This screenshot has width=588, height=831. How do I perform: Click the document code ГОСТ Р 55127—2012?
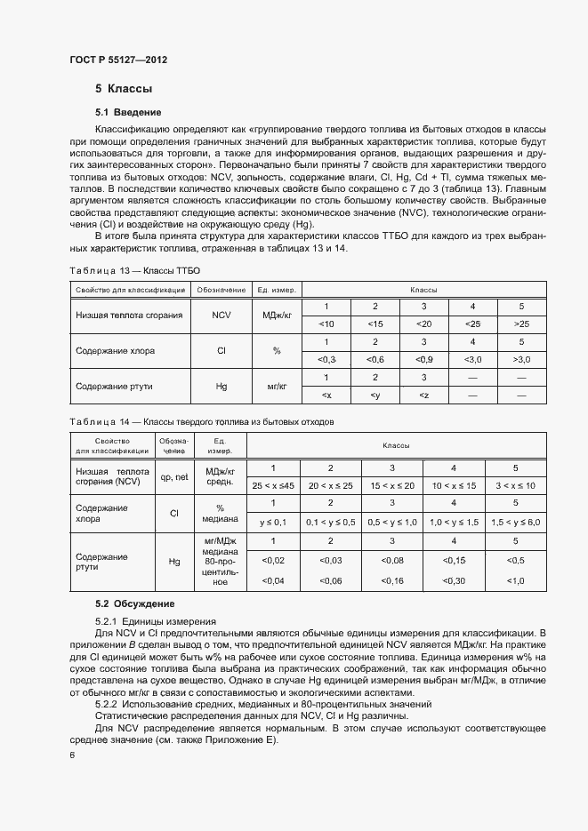[117, 60]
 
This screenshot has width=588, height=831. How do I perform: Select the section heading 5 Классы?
[124, 89]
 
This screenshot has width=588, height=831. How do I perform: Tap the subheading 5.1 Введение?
[128, 112]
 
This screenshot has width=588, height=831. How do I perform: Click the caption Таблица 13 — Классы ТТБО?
[134, 270]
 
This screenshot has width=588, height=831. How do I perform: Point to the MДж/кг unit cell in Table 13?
[275, 315]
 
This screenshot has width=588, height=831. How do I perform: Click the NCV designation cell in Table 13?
[221, 315]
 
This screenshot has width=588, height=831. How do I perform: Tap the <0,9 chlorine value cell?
[424, 358]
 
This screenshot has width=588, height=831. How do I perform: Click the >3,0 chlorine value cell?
[521, 358]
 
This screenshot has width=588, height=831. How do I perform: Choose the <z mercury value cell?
[424, 394]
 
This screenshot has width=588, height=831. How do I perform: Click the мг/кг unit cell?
[275, 387]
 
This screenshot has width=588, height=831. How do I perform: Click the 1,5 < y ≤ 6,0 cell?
[515, 521]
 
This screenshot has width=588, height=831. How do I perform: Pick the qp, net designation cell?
[174, 476]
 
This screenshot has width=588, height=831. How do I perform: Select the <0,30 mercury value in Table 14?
[454, 580]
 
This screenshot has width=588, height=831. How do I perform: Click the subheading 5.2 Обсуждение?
[134, 604]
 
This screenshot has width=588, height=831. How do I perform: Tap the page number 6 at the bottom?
[72, 755]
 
